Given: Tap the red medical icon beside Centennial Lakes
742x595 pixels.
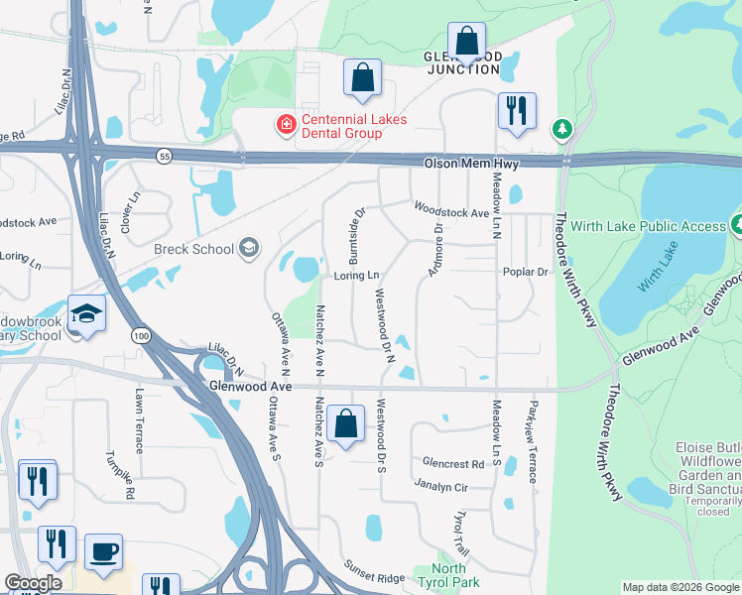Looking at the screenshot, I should point(286,125).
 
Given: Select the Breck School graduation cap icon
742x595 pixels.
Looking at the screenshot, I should point(250,249).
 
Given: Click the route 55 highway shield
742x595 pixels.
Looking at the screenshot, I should point(161,155).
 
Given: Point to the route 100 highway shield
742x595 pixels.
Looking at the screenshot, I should point(140,337).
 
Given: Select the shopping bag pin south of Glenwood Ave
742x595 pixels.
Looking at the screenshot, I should point(345,424).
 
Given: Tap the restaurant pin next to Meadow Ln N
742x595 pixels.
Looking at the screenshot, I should point(516,111).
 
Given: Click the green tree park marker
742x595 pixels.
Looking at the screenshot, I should point(562,129).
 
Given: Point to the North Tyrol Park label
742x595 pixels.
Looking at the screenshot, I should point(449,575).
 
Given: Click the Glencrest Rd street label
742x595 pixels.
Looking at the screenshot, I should point(452,463).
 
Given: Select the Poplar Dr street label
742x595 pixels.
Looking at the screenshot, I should point(526,272).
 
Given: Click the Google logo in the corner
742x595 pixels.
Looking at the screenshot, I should point(33,584).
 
